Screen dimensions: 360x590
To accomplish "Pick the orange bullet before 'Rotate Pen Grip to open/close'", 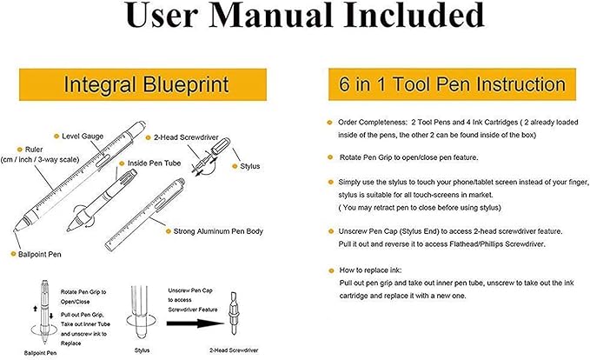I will tap(329, 157).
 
